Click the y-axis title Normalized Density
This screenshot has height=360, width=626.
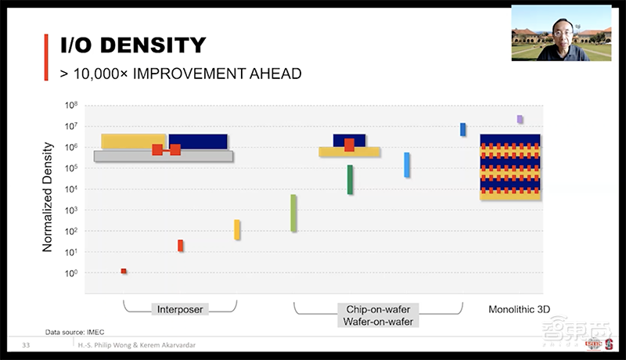tap(47, 196)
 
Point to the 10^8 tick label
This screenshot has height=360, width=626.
tap(70, 105)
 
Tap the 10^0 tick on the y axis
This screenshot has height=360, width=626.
tap(70, 274)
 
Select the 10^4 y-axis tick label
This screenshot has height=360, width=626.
tap(70, 189)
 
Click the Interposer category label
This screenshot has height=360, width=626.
tap(180, 309)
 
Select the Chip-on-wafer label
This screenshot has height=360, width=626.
tap(378, 309)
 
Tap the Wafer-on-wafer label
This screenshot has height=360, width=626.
tap(378, 322)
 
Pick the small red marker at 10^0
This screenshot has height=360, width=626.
tap(124, 271)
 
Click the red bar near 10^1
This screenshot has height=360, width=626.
tap(180, 246)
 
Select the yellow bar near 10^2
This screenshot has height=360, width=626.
tap(237, 229)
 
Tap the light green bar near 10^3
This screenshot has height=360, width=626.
tap(293, 213)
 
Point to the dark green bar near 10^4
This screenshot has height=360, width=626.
tap(350, 179)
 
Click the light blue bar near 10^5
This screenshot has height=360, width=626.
tap(407, 164)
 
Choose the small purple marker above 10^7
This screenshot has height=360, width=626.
tap(520, 119)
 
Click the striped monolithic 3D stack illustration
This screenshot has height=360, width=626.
tap(510, 167)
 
